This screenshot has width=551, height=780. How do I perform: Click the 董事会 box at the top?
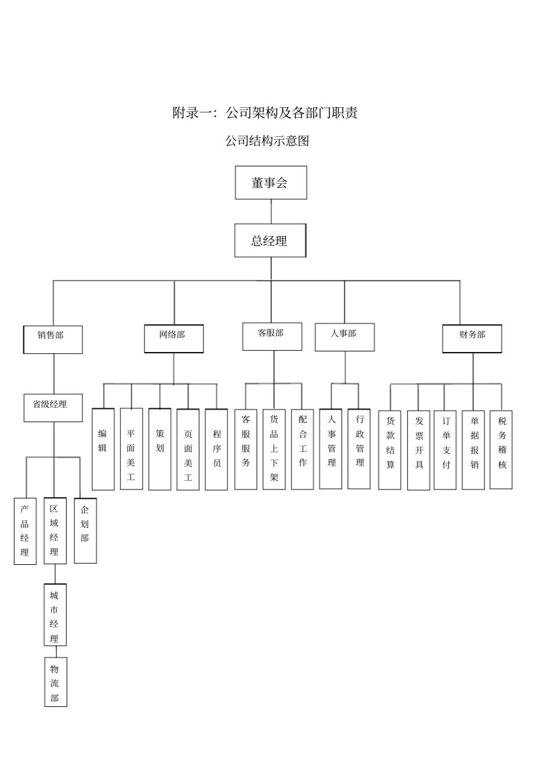coord(271,183)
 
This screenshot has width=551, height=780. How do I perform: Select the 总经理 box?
coord(270,241)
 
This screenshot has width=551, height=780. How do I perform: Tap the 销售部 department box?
coord(53,339)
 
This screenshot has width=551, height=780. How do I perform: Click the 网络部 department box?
coord(173,339)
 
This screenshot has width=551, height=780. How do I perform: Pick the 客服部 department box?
coord(272,336)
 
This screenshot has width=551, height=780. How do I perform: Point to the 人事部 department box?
coord(345,337)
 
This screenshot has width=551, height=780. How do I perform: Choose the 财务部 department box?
coord(472,339)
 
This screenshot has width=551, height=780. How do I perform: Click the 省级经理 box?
coord(53,408)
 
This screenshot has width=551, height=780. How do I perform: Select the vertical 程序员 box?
coord(216,449)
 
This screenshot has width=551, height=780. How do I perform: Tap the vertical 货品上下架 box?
coord(274,449)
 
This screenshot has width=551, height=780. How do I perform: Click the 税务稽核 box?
coord(501,449)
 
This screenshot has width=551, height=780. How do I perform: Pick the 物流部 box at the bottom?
coord(56,681)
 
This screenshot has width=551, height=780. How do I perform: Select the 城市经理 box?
coord(55,615)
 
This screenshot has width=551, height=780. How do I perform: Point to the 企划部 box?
coord(85,530)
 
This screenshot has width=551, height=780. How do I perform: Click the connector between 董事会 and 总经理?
coord(271,212)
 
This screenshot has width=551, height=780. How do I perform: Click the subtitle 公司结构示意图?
coord(267,141)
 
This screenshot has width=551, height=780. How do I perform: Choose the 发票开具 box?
coord(418,450)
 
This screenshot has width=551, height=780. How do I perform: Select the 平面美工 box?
coord(131,449)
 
